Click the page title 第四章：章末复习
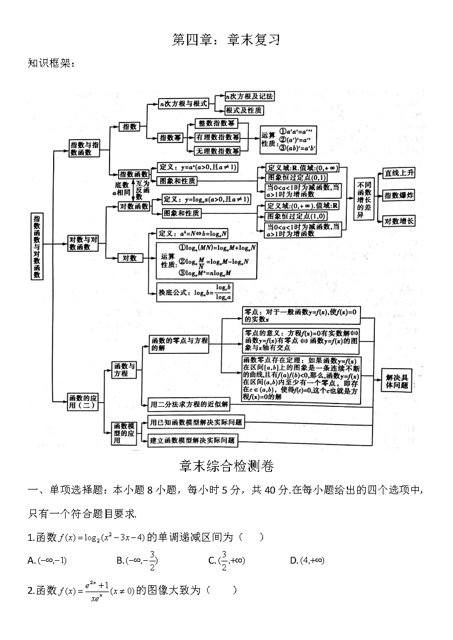(226, 40)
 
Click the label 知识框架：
(51, 63)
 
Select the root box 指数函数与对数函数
(37, 246)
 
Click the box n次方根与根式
(184, 103)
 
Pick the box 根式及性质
(244, 110)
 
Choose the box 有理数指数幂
(217, 137)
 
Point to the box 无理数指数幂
(217, 151)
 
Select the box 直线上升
(399, 173)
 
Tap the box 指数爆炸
(399, 195)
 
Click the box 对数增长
(399, 221)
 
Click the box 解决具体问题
(397, 382)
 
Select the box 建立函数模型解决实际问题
(192, 441)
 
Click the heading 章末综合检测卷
(226, 467)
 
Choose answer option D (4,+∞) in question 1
(307, 561)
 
